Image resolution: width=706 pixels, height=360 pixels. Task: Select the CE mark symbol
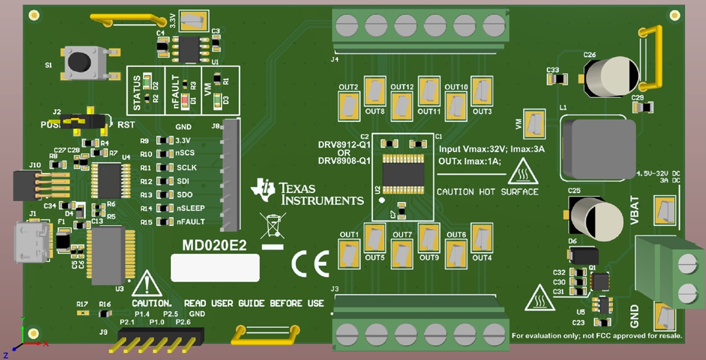pos(310,263)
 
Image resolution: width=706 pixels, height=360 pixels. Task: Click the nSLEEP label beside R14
pos(191,208)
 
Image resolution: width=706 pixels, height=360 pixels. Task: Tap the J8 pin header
pos(230,175)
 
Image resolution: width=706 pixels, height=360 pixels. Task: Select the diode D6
pos(583,255)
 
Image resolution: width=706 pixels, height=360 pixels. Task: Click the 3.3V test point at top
pos(191,21)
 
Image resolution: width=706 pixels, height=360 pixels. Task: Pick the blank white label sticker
pos(215,267)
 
